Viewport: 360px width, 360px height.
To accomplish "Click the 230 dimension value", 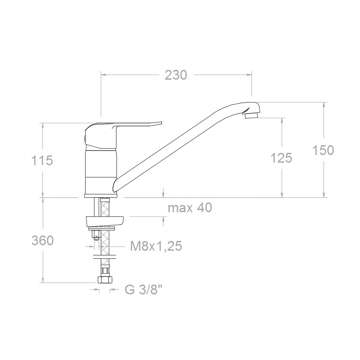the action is coord(176,75).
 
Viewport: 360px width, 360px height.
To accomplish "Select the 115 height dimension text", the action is coord(42,160).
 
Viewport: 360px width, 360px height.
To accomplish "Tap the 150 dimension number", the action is coord(323,150).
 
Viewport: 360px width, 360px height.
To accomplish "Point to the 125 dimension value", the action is coord(282,158).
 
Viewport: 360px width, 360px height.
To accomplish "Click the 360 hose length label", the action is coord(42,241).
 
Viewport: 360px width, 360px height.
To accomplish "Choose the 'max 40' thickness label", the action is coord(190,208).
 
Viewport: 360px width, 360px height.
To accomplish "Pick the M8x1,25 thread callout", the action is coord(156,246).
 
